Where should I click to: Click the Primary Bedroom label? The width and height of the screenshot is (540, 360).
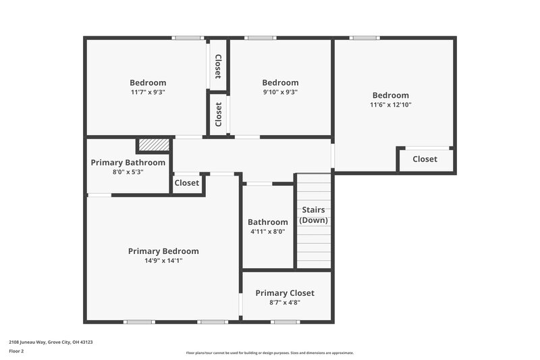163,251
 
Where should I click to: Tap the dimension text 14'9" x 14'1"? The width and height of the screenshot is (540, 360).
163,261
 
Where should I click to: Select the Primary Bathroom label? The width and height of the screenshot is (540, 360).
128,163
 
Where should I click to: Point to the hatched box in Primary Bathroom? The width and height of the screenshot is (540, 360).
153,145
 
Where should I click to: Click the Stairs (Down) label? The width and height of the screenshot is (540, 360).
313,215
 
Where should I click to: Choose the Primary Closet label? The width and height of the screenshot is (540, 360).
284,293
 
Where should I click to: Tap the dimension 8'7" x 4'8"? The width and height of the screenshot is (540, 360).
284,303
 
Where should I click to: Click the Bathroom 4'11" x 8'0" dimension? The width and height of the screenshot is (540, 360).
268,232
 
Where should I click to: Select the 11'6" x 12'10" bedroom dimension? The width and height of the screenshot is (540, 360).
390,105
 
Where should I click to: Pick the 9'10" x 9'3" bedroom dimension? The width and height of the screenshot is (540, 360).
280,93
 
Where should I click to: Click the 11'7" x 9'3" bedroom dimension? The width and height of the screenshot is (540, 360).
148,93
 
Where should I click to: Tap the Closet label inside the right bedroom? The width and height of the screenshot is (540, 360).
425,159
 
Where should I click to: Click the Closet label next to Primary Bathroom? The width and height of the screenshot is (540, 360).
187,183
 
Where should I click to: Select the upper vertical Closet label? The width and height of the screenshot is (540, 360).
218,66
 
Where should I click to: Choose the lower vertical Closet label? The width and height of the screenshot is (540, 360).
218,114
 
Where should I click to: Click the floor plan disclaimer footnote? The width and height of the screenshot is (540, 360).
269,353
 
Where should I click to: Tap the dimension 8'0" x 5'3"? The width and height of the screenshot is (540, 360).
128,172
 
